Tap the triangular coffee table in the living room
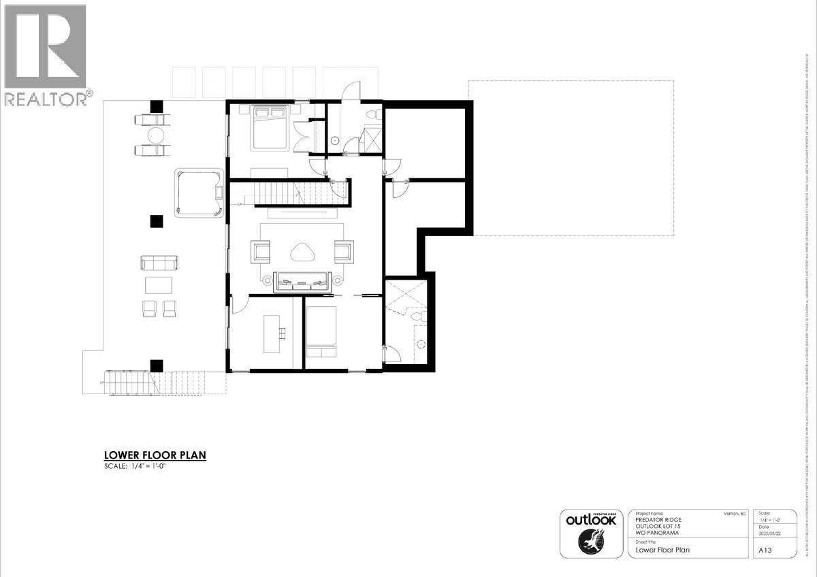(302, 252)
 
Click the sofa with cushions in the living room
(302, 281)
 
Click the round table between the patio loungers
(156, 135)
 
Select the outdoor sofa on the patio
(159, 263)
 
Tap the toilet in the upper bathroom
(370, 114)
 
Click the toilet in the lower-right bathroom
(417, 315)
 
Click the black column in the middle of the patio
(157, 221)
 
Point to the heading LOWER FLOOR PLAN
(155, 455)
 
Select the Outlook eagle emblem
(590, 543)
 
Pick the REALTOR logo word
(46, 99)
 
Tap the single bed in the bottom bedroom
(320, 331)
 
